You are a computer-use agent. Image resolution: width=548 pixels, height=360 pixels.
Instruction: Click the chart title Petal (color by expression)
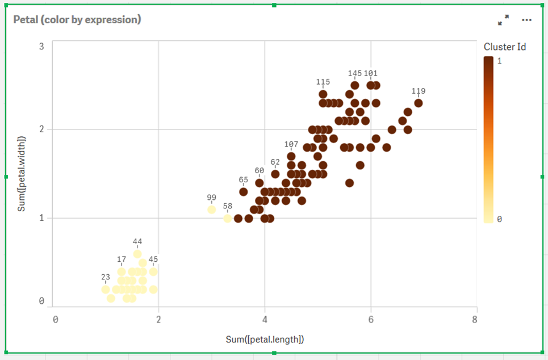click(x=77, y=19)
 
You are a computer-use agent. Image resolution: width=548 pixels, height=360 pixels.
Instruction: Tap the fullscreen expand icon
click(x=503, y=20)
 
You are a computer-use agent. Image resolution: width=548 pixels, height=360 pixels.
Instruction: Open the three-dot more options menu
click(x=526, y=20)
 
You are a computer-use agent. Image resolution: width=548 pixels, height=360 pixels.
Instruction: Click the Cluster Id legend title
click(x=504, y=47)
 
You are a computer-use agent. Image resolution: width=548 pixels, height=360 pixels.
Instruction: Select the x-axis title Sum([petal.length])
click(x=265, y=340)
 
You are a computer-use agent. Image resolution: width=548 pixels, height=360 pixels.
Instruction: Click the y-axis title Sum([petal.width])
click(x=22, y=174)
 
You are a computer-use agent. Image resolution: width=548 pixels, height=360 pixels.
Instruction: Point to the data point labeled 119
click(x=419, y=103)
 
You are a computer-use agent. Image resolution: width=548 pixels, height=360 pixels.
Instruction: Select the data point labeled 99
click(x=211, y=210)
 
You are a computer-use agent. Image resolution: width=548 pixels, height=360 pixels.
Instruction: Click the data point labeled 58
click(x=227, y=218)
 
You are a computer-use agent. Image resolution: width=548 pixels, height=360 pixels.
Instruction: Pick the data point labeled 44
click(x=137, y=254)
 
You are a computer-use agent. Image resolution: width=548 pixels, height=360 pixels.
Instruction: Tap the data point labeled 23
click(x=106, y=290)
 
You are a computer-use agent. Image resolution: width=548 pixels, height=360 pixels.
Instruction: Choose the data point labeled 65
click(x=243, y=191)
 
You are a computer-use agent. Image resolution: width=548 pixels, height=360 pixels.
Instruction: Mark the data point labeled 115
click(x=323, y=94)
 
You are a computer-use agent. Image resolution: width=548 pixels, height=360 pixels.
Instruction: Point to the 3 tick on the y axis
click(x=41, y=46)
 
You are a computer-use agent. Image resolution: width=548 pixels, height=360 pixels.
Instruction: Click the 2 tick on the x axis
click(x=158, y=319)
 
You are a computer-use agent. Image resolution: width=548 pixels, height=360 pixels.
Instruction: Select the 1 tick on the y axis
click(x=41, y=218)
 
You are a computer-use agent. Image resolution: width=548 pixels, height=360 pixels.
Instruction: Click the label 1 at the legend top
click(x=499, y=61)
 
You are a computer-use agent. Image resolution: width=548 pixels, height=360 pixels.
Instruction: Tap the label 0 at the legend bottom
click(x=499, y=219)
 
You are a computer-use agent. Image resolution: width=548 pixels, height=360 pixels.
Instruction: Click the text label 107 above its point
click(x=291, y=144)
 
